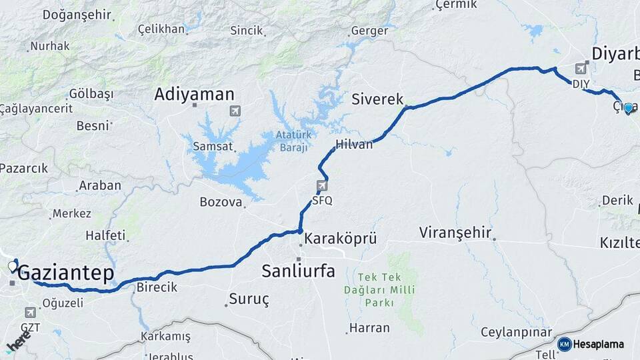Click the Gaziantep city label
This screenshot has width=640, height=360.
65,273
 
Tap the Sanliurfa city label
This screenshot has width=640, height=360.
298,271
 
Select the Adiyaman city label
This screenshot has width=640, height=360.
194,94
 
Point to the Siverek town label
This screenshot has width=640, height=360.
377,99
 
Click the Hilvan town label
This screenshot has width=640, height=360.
354,144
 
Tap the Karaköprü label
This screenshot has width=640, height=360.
341,238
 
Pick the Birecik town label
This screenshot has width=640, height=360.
157,287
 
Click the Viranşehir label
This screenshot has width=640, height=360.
455,233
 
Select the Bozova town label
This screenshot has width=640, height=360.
221,202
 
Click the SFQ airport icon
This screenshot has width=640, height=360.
323,185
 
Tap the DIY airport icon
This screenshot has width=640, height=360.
581,69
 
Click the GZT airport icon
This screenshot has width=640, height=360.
31,312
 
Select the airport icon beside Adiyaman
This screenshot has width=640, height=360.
235,110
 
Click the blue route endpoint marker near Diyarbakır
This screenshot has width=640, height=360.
628,108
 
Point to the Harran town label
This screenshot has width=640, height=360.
369,327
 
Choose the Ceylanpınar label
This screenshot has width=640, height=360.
517,332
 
